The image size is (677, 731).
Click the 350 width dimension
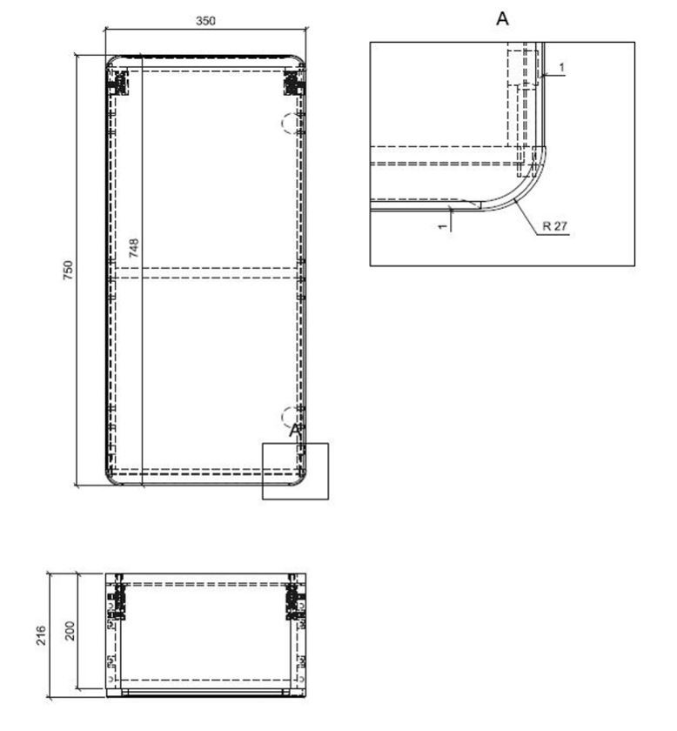pyautogui.click(x=204, y=20)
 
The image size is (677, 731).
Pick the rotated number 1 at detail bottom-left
pyautogui.click(x=443, y=225)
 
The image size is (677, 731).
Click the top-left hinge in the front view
pyautogui.click(x=117, y=82)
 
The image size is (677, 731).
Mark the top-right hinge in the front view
pyautogui.click(x=292, y=82)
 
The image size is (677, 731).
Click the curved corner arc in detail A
pyautogui.click(x=522, y=185)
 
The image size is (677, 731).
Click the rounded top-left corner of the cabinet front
pyautogui.click(x=111, y=62)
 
